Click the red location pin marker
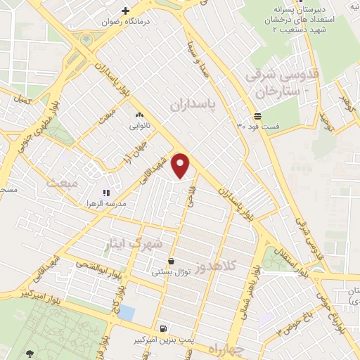click(x=181, y=165)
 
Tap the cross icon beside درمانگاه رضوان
click(x=126, y=11)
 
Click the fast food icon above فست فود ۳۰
click(x=258, y=115)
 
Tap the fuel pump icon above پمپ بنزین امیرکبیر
click(x=164, y=328)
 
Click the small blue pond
click(x=127, y=312)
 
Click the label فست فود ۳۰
click(x=258, y=127)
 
